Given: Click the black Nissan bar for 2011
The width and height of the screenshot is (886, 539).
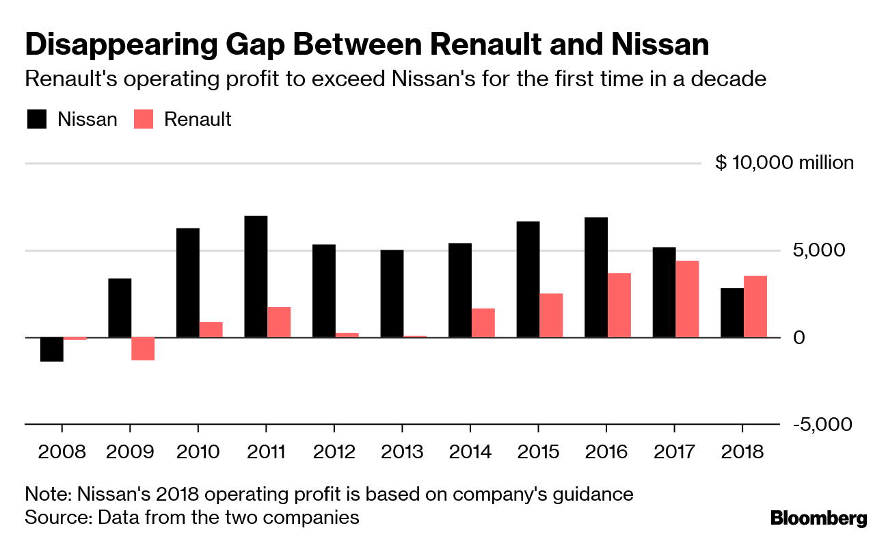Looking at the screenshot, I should pyautogui.click(x=256, y=276).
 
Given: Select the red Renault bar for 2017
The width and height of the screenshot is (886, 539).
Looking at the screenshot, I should pyautogui.click(x=687, y=299).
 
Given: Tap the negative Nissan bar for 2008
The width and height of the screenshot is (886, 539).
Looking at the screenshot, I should pyautogui.click(x=52, y=349).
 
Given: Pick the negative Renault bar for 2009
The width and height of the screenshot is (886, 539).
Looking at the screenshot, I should pyautogui.click(x=143, y=348).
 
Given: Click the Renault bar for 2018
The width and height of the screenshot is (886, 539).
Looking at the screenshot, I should pyautogui.click(x=755, y=306).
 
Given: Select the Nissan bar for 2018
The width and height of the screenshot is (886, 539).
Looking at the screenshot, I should pyautogui.click(x=732, y=313).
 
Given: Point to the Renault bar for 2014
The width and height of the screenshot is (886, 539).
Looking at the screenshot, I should pyautogui.click(x=483, y=323).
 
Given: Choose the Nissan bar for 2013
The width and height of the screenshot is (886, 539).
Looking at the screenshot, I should pyautogui.click(x=392, y=293).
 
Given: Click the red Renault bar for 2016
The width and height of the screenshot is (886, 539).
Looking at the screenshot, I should pyautogui.click(x=619, y=305).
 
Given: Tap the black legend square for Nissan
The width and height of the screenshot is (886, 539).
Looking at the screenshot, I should pyautogui.click(x=37, y=119).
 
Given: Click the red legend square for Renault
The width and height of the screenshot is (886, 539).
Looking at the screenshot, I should pyautogui.click(x=144, y=119).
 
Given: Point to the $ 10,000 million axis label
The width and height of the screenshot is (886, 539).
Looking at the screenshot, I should pyautogui.click(x=784, y=163).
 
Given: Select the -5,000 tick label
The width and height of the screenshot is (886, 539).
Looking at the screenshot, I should pyautogui.click(x=822, y=424).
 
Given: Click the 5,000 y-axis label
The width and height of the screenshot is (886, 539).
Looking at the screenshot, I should pyautogui.click(x=820, y=250).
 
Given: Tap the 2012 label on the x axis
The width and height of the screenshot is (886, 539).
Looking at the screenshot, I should pyautogui.click(x=334, y=452).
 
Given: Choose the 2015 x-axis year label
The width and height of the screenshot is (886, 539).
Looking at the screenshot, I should pyautogui.click(x=538, y=452).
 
